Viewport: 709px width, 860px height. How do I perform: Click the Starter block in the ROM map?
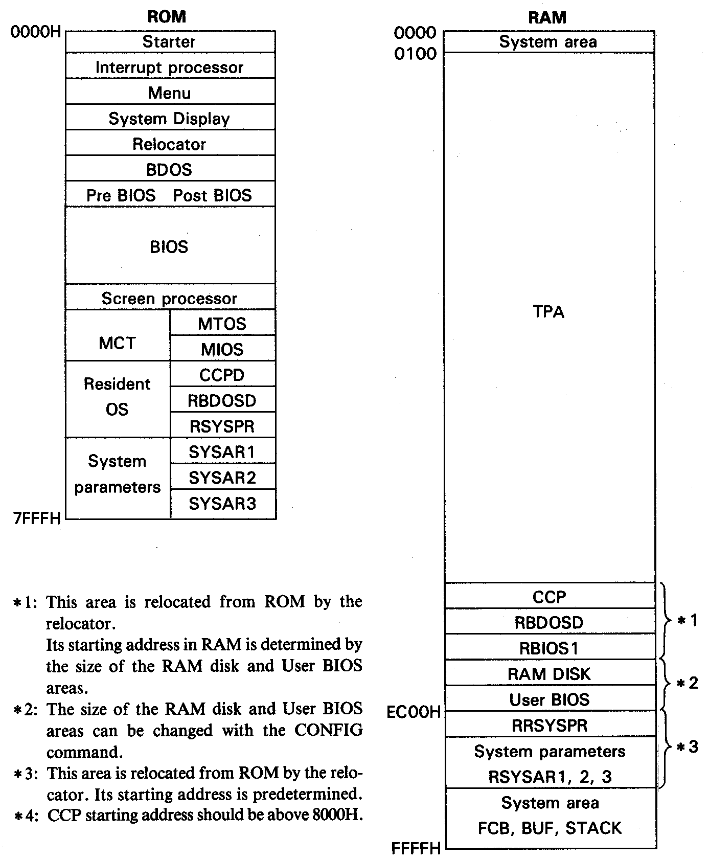169,41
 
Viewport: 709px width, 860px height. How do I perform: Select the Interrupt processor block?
169,67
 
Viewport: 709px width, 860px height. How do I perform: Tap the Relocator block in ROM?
169,144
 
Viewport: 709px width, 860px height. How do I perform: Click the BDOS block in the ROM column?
169,170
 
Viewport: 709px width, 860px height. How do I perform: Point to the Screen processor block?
169,298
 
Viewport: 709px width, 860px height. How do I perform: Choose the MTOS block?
222,324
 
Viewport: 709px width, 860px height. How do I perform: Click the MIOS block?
222,349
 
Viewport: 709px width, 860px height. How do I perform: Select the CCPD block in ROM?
222,375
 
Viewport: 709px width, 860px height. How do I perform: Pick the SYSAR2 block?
222,478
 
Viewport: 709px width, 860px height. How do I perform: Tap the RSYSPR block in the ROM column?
222,426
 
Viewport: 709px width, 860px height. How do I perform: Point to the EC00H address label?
414,712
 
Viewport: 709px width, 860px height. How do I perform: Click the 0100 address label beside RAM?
416,54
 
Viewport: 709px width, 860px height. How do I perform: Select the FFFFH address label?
416,848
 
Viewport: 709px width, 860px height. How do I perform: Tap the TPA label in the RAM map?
548,311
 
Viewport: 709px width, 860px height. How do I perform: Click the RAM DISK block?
550,674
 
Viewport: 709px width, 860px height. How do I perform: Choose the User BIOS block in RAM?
550,699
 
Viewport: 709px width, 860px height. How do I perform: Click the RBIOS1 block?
550,648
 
